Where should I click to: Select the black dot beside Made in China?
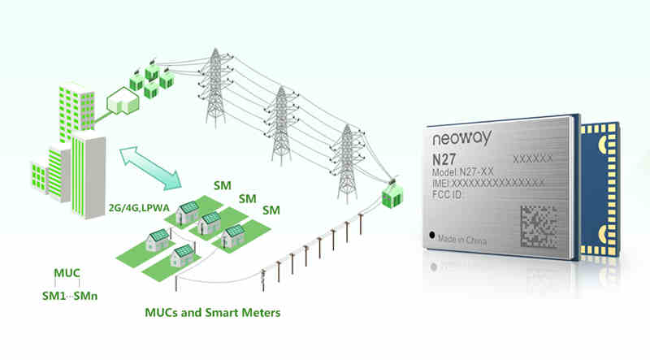(431, 236)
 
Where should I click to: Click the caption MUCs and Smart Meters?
(214, 312)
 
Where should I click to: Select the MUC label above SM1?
(66, 272)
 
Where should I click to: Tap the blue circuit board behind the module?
(601, 187)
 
